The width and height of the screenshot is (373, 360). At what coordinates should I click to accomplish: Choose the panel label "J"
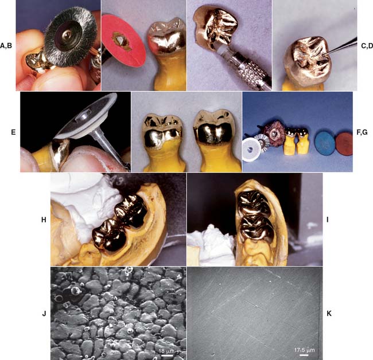[43, 314]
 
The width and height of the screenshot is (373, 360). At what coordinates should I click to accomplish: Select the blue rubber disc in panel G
[313, 141]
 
